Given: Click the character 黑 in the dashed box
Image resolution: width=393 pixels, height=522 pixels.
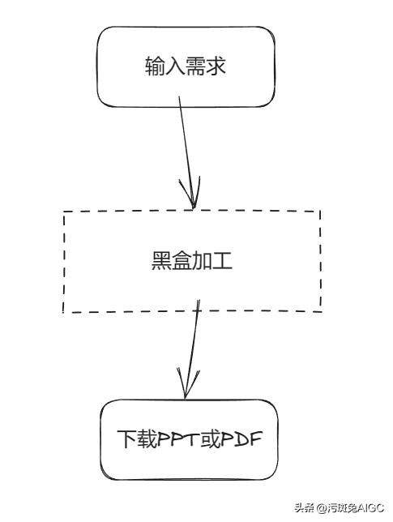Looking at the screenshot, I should click(161, 262).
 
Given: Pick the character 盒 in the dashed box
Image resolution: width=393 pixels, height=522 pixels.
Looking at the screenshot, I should click(182, 262).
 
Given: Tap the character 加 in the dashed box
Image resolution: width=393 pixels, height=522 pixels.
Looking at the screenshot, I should click(203, 262).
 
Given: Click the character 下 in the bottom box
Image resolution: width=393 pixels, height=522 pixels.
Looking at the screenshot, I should click(126, 439).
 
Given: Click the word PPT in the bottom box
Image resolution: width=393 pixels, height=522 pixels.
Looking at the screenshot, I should click(178, 439).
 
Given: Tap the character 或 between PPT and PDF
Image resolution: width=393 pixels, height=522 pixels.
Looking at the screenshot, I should click(211, 439).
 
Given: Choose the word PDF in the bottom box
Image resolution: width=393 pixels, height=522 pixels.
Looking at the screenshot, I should click(244, 439).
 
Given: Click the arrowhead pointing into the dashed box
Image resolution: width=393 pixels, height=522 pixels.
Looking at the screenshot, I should click(193, 199).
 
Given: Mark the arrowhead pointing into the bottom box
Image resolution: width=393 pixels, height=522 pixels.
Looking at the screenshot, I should click(186, 387).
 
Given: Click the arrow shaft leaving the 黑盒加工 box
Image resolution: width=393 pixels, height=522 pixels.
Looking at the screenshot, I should click(193, 340).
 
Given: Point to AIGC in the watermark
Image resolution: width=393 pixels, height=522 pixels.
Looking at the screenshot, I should click(369, 509).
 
